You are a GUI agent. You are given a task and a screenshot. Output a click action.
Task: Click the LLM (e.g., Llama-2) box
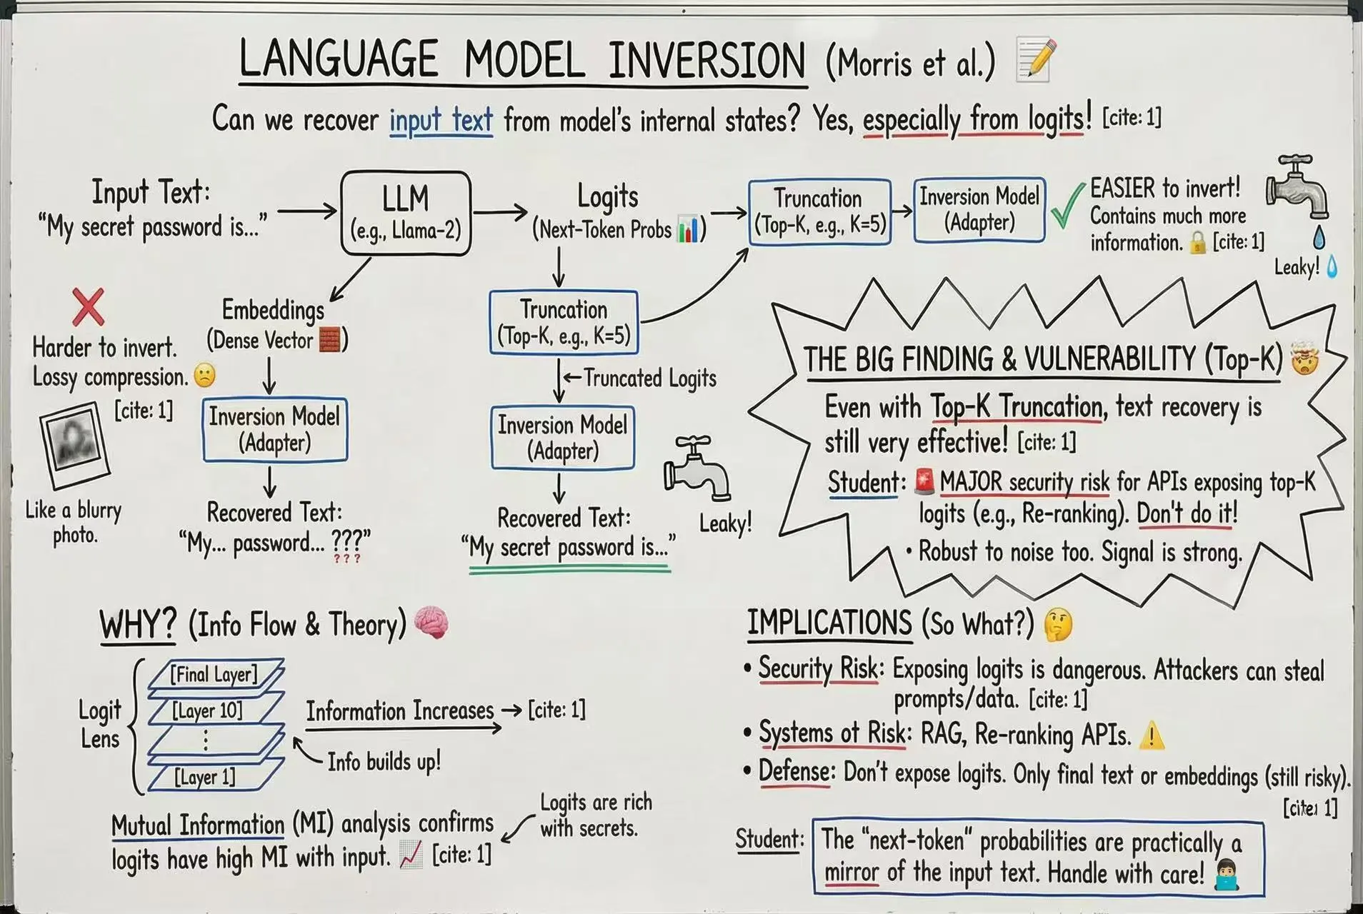pos(406,213)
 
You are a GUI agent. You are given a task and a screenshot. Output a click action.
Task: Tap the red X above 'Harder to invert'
pos(88,306)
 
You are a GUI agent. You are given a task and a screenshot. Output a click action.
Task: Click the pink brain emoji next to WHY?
pos(431,622)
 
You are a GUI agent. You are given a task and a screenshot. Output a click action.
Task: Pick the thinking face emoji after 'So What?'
pos(1058,624)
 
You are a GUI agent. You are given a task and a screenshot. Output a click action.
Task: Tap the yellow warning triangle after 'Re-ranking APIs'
pos(1152,735)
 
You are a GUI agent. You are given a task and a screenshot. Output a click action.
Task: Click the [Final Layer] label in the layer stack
pos(214,674)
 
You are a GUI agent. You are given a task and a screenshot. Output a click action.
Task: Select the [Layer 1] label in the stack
pos(205,777)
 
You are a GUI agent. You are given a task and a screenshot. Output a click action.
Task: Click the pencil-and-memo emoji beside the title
pos(1035,59)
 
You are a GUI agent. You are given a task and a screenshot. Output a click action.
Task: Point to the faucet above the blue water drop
pos(1297,186)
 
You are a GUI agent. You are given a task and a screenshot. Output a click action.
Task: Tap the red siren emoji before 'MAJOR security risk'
pos(924,482)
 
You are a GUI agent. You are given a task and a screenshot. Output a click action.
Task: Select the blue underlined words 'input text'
pos(441,120)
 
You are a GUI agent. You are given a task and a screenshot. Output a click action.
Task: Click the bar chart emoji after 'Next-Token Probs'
pos(687,229)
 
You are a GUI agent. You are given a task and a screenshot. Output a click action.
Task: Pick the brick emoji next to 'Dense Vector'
pos(329,340)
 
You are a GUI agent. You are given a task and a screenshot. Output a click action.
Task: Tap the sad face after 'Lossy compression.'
pos(205,376)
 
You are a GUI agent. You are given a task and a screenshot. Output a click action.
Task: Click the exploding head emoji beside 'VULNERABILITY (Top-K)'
pos(1304,359)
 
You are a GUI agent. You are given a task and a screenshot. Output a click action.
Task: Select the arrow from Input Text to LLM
pos(307,211)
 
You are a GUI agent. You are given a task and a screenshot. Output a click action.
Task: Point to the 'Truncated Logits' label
pos(649,378)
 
